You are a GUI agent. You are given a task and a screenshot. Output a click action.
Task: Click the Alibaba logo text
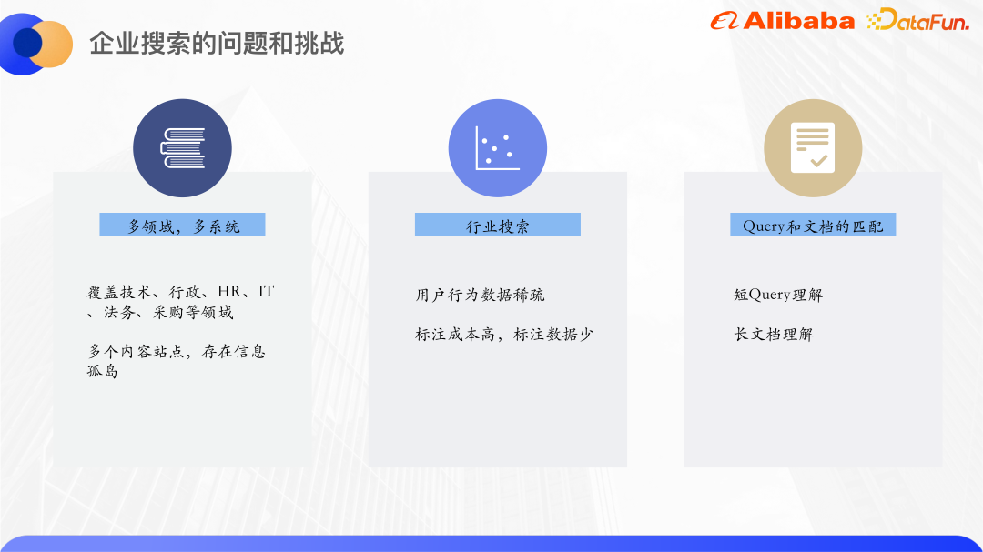point(798,21)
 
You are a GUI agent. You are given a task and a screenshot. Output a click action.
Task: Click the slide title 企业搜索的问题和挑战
point(217,44)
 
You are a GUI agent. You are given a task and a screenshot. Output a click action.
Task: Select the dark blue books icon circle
point(182,148)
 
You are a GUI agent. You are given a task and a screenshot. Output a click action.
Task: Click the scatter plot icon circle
point(497,148)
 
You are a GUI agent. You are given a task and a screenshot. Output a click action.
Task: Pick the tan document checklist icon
point(812,148)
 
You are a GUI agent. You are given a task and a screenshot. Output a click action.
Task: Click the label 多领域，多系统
point(182,226)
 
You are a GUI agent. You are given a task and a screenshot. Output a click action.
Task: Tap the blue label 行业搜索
point(497,226)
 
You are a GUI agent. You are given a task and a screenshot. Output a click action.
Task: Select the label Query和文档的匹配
point(812,226)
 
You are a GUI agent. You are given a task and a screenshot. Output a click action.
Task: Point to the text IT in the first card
point(266,292)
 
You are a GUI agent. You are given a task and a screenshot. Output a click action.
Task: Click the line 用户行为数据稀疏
point(480,295)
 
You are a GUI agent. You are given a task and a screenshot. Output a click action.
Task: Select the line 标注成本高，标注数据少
point(504,334)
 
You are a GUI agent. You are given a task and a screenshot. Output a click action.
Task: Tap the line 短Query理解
point(777,295)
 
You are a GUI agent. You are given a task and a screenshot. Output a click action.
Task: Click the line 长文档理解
point(774,334)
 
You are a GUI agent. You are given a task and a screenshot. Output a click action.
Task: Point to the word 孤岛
point(103,371)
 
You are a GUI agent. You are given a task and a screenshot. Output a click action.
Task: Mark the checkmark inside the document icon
point(819,160)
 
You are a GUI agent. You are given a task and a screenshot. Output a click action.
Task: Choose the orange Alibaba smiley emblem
point(725,21)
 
